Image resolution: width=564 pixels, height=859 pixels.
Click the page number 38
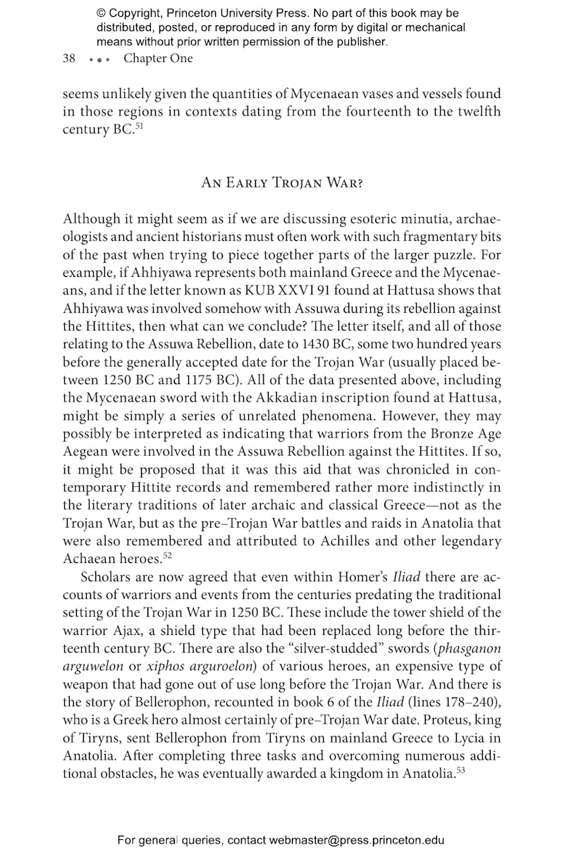69,58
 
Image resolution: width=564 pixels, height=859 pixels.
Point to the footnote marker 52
168,555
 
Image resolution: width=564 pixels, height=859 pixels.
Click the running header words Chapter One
158,58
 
